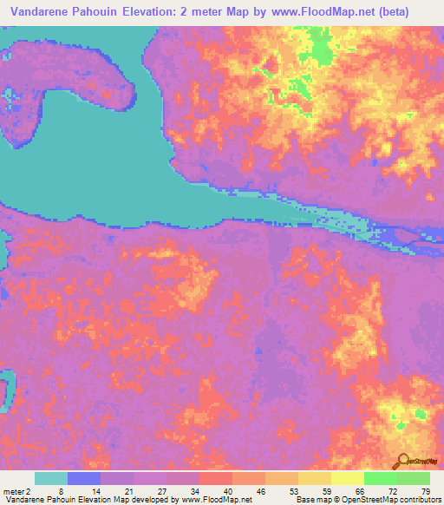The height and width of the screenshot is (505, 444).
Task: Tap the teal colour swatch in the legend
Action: pos(50,479)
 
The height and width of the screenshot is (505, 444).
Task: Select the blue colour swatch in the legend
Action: pos(83,479)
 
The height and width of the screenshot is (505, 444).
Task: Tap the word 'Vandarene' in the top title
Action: pos(44,10)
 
